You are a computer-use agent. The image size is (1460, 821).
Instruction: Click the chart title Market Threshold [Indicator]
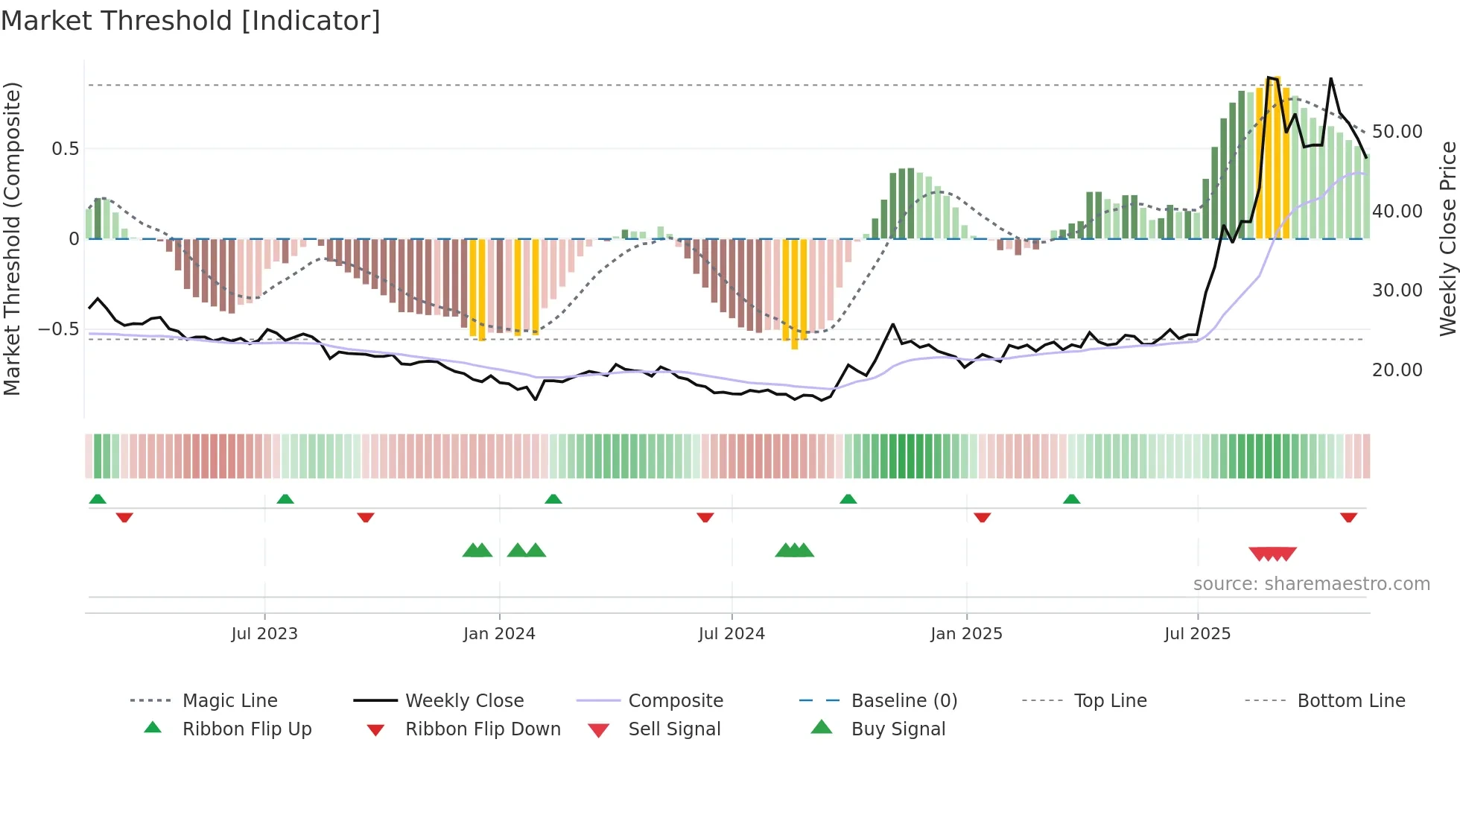pos(191,21)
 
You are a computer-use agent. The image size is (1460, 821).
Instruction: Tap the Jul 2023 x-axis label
pos(264,634)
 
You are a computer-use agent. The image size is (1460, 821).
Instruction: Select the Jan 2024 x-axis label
pos(498,634)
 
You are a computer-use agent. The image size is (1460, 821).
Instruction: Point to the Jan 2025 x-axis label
pos(966,634)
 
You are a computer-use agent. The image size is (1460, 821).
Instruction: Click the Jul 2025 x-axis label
pos(1197,634)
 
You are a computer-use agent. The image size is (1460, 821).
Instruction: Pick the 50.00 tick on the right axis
pos(1397,132)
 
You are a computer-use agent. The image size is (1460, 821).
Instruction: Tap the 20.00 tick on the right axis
pos(1397,370)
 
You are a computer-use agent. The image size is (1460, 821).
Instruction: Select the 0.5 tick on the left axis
pos(65,149)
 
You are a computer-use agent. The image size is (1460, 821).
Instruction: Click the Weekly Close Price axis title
pos(1447,238)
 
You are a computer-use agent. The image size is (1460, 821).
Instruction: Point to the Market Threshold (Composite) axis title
pos(12,238)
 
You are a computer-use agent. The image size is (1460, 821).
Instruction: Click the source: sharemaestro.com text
pos(1311,584)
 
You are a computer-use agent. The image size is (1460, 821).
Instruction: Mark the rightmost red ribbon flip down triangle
pos(1348,518)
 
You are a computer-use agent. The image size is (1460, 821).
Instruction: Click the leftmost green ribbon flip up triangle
pos(98,499)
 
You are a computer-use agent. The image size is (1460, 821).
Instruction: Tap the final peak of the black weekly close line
pos(1331,79)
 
